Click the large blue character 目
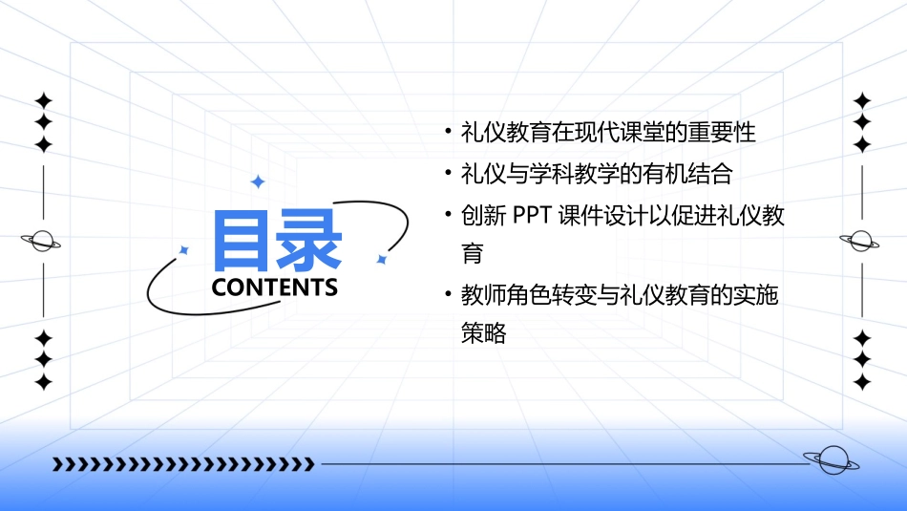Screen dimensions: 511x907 click(243, 240)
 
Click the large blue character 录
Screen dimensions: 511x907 click(309, 240)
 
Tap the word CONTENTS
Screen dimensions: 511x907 click(274, 287)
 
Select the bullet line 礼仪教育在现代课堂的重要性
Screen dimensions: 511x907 click(608, 133)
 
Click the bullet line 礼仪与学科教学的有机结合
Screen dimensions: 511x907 click(596, 174)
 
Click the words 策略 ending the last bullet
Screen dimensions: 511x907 click(483, 333)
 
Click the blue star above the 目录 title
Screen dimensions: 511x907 click(256, 181)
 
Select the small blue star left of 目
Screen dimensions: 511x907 click(184, 250)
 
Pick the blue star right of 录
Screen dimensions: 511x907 click(381, 259)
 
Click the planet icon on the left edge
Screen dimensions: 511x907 click(42, 241)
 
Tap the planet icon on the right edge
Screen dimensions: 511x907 click(861, 241)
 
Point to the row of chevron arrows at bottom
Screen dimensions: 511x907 click(182, 464)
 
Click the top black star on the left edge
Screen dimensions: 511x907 click(42, 100)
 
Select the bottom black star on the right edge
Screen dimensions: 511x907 click(861, 382)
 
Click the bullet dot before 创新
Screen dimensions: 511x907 click(448, 214)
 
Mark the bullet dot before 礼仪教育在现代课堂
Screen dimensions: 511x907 click(448, 133)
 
